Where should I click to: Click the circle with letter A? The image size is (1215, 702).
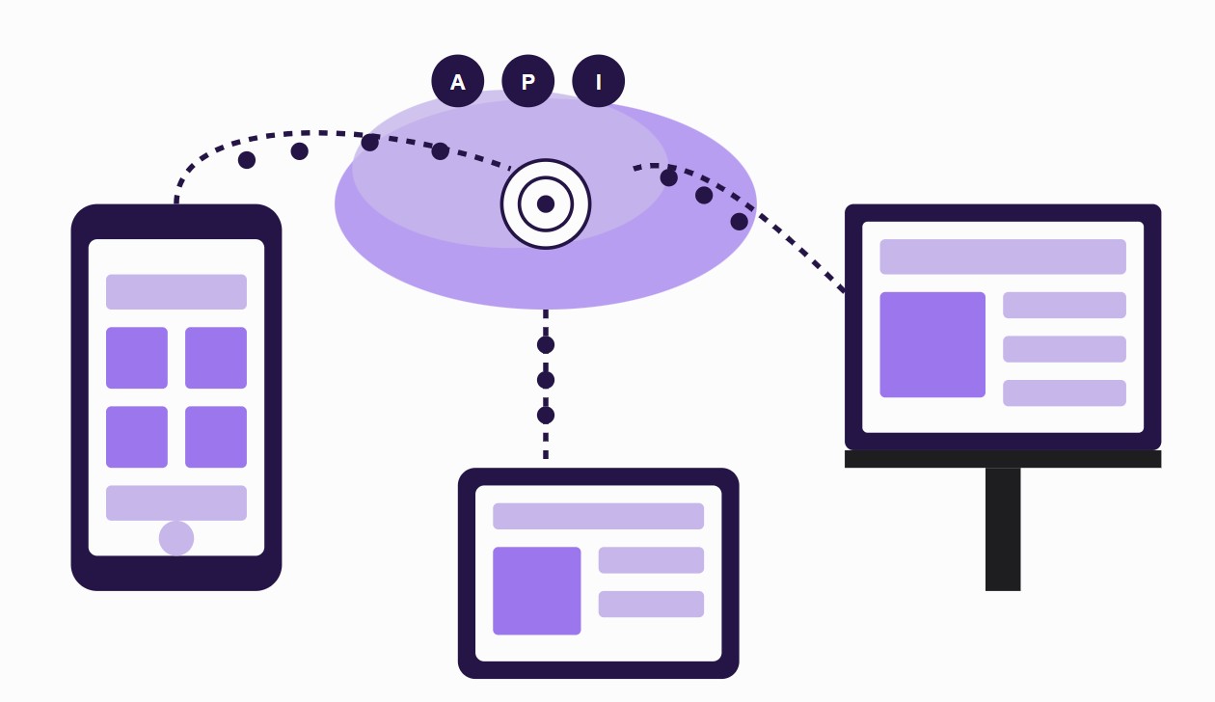point(458,81)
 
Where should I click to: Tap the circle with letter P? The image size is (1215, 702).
point(528,81)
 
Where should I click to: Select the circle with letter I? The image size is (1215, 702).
point(599,81)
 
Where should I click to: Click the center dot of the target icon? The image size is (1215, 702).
point(546,203)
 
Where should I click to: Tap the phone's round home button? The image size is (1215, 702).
point(176,538)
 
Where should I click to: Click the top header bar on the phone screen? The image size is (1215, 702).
point(176,292)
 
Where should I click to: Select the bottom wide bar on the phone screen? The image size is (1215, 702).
point(176,502)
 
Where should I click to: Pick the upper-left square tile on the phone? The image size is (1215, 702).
point(137,358)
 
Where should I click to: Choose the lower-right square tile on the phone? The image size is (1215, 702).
point(216,437)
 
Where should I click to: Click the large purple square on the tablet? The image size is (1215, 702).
point(537,591)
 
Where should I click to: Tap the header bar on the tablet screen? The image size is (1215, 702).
point(599,516)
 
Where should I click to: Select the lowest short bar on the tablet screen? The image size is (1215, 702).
point(651,604)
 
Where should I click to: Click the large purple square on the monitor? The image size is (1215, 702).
point(932,344)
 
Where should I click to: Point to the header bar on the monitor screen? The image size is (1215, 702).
point(1003,256)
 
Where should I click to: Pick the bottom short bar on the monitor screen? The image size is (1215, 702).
point(1065,392)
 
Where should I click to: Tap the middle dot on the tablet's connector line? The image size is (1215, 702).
point(546,380)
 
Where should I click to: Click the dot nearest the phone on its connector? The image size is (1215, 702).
point(247,160)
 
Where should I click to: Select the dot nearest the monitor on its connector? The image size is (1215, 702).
point(740,222)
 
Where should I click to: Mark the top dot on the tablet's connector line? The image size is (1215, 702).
point(546,345)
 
